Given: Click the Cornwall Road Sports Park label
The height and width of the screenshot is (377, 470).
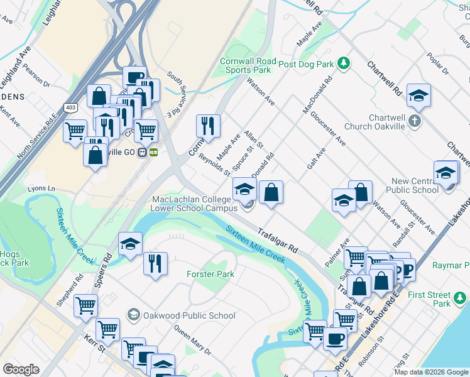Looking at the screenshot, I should pyautogui.click(x=245, y=66).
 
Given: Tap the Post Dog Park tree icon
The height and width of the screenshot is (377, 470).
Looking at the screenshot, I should pyautogui.click(x=343, y=63).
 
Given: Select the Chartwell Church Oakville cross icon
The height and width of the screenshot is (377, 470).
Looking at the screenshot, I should pyautogui.click(x=414, y=119).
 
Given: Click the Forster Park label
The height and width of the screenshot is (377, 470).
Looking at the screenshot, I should pyautogui.click(x=210, y=274).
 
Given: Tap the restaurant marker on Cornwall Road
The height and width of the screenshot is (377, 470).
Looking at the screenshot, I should pyautogui.click(x=207, y=126).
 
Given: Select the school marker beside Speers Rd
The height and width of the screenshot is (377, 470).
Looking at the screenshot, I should pyautogui.click(x=130, y=244).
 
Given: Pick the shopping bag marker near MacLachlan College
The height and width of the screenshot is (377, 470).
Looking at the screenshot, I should pyautogui.click(x=271, y=192).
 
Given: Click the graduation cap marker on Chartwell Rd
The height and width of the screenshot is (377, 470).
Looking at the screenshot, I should pyautogui.click(x=418, y=96).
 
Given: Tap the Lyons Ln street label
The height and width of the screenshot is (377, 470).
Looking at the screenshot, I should pyautogui.click(x=42, y=188).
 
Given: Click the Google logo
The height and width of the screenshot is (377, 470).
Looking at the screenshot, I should pyautogui.click(x=21, y=369).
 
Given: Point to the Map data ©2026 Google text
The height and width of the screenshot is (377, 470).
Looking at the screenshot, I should pyautogui.click(x=430, y=372).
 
